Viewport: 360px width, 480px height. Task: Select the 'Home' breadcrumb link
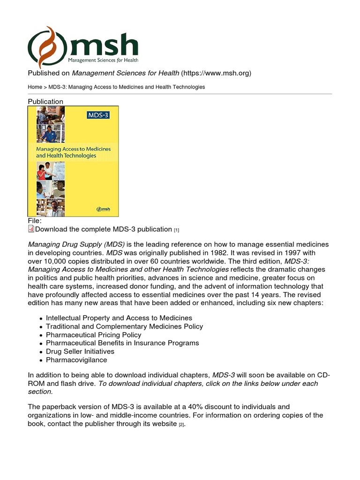(35, 87)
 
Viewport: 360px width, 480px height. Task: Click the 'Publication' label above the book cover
(45, 101)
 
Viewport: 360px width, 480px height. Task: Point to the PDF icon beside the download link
(31, 229)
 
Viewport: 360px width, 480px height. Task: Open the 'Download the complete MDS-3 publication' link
(104, 229)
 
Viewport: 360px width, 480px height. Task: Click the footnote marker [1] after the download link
(177, 230)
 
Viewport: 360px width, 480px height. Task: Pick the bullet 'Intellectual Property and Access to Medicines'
(119, 318)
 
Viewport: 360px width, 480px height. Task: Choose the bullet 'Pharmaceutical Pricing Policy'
(93, 335)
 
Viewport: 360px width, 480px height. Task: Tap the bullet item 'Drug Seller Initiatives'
(80, 352)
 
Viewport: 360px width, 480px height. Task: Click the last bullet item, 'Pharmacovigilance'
(76, 360)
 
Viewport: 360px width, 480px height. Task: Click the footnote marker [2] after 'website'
(182, 424)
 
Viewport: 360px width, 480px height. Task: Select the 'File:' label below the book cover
(35, 220)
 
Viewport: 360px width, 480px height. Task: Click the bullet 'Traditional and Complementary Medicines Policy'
(124, 326)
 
